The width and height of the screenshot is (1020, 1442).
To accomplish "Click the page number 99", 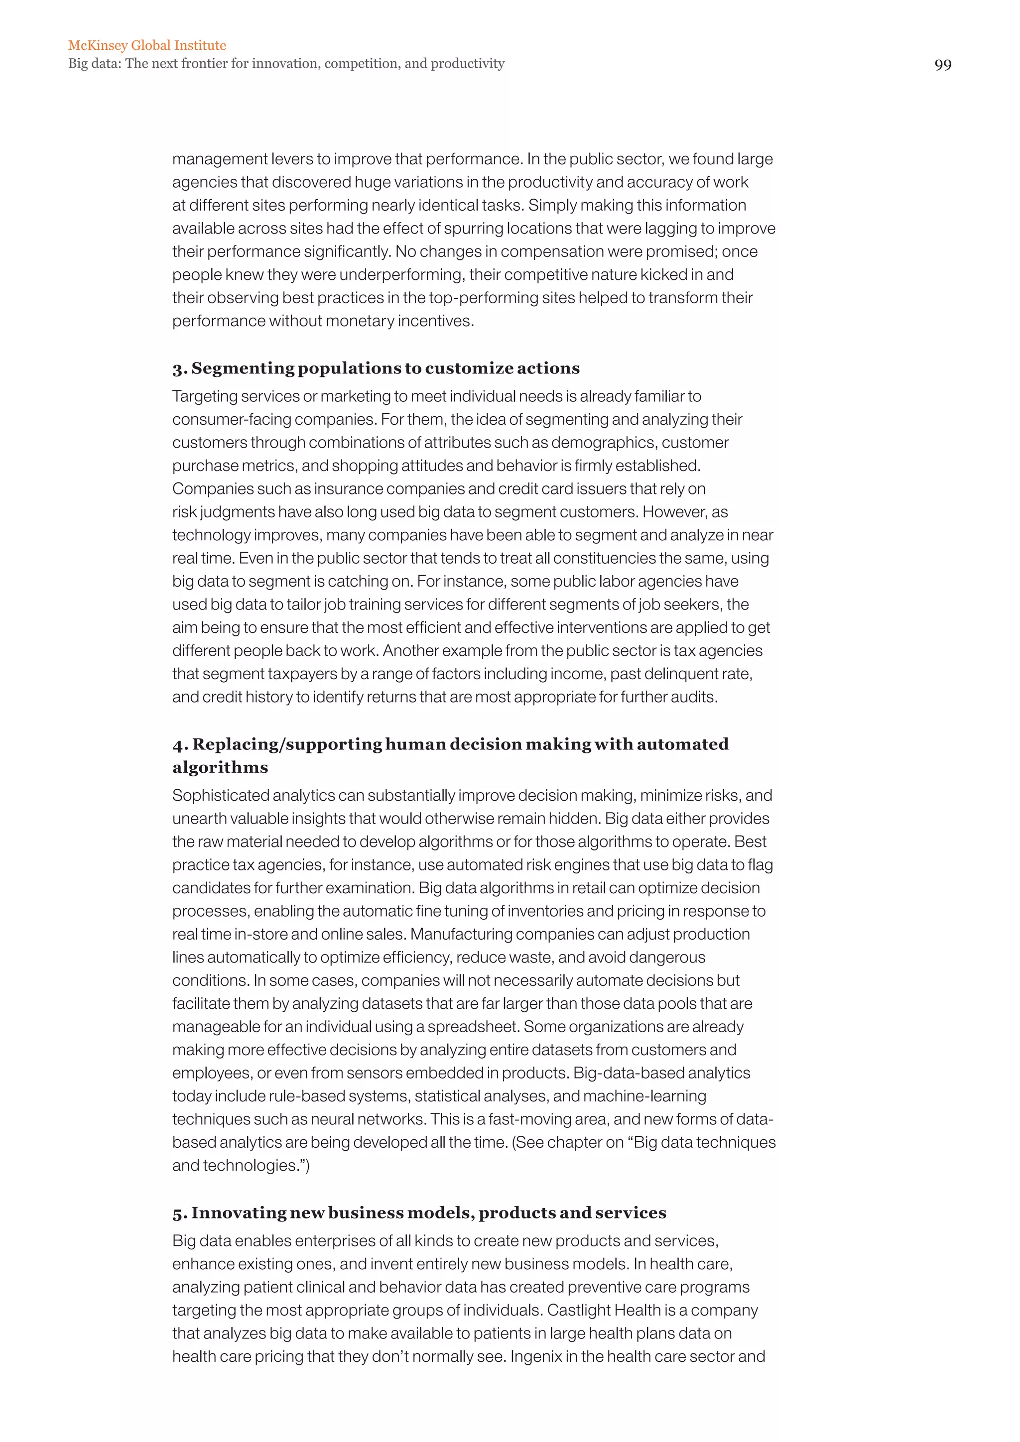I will (942, 65).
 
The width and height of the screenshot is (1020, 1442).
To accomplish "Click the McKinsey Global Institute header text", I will (147, 45).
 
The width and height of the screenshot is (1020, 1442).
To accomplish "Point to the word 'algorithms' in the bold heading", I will (220, 767).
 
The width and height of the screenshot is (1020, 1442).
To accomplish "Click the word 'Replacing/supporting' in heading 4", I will (287, 744).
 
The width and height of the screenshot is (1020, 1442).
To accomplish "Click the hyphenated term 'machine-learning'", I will (644, 1096).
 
